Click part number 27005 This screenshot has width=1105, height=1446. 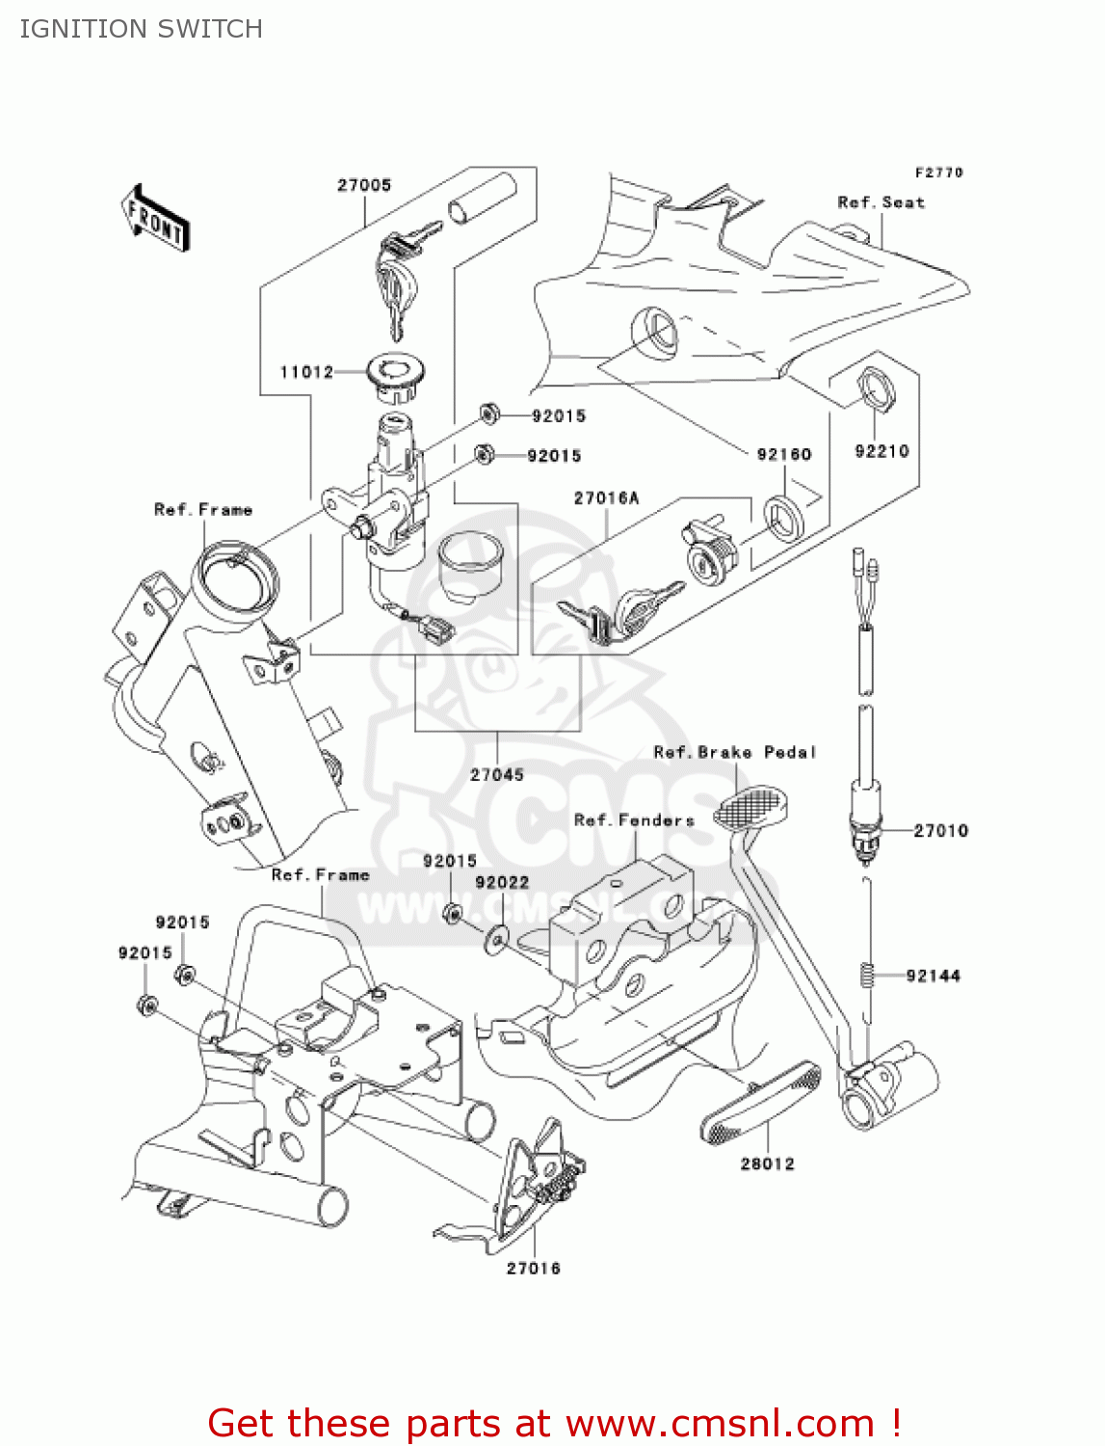point(364,185)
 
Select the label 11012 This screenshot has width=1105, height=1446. point(306,372)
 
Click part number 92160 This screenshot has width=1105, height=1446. point(783,454)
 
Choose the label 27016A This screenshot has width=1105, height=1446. point(606,498)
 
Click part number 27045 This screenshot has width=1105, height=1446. point(497,775)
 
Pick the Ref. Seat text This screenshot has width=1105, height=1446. point(881,202)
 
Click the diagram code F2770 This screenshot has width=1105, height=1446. point(938,173)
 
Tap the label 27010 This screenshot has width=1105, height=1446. point(940,831)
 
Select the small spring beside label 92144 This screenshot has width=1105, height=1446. point(866,975)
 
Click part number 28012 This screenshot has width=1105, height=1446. point(767,1165)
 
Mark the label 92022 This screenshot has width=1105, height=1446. point(502,882)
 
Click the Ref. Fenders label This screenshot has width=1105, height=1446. point(633,820)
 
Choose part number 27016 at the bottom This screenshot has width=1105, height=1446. point(533,1269)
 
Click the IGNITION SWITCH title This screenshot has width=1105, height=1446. point(142,29)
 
